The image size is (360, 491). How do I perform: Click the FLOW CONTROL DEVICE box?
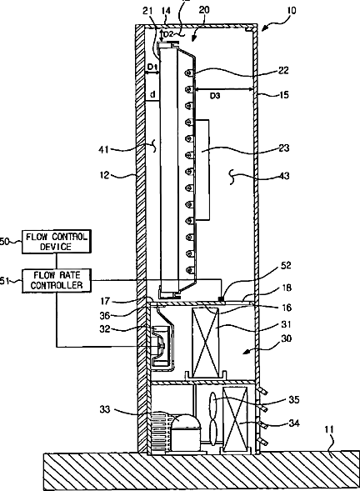point(57,242)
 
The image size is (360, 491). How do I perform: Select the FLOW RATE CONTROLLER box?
point(57,281)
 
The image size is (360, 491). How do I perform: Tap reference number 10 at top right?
point(291,11)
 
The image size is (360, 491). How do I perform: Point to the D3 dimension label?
point(215,96)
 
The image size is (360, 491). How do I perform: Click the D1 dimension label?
point(152,67)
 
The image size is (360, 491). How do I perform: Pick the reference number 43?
point(284,176)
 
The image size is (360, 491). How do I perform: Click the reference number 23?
point(283,148)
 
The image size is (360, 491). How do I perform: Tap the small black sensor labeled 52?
point(222,299)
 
